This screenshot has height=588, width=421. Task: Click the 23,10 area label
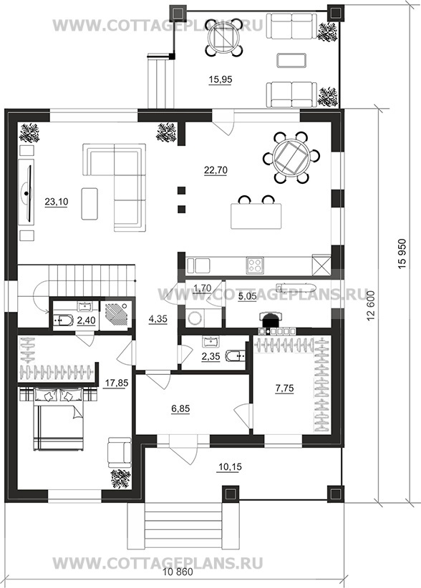coord(57,202)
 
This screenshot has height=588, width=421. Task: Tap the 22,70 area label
coord(216,170)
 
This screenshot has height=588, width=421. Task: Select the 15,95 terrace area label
coord(221,79)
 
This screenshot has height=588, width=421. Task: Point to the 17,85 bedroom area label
coord(116,383)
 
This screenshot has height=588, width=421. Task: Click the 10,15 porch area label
coord(230,467)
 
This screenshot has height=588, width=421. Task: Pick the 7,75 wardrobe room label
coord(284,388)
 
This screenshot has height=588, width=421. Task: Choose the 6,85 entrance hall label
coord(180,408)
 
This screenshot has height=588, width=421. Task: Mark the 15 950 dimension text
coord(402,254)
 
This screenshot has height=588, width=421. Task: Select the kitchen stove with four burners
coord(255,266)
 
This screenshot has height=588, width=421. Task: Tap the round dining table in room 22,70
coord(291,157)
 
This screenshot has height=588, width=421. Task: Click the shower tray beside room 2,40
coord(116,314)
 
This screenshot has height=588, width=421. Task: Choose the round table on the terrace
coord(224,37)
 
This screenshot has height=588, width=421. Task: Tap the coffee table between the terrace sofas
coord(291,60)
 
